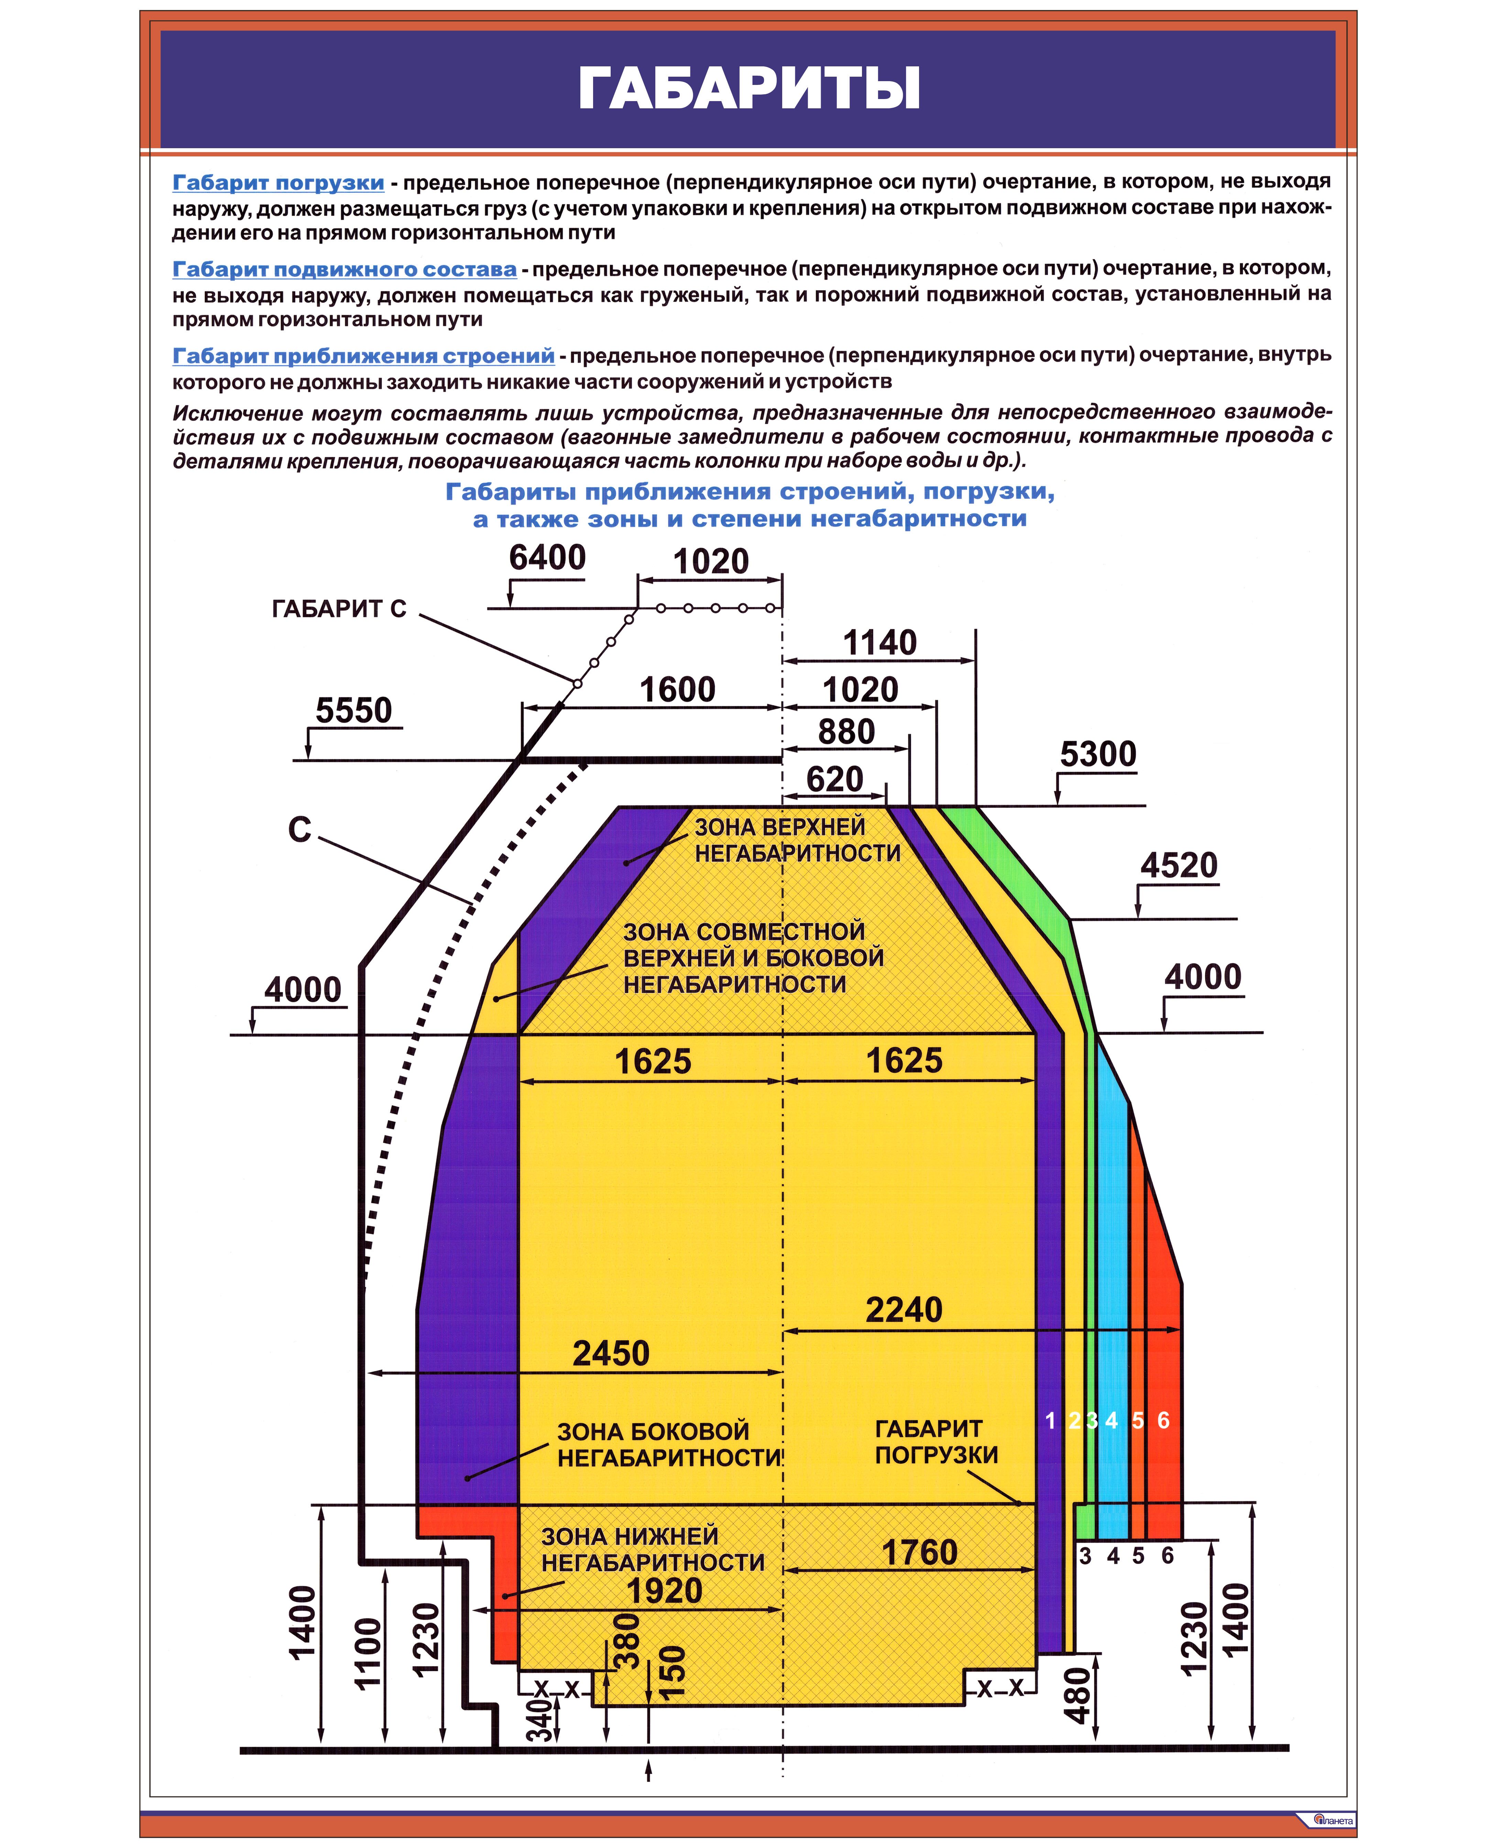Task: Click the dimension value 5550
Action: (353, 710)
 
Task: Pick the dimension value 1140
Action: (879, 642)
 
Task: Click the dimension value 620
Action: (835, 780)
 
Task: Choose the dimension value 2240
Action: (904, 1310)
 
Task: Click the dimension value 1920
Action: (664, 1591)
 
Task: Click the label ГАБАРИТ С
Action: (339, 609)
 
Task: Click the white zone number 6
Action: (1163, 1420)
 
